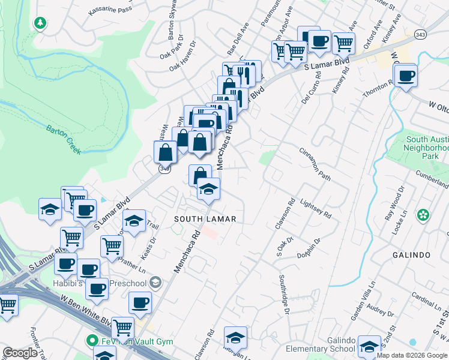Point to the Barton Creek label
(x=64, y=139)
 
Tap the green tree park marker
(x=40, y=23)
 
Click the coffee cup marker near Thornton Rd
(x=406, y=76)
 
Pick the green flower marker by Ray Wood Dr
(x=423, y=214)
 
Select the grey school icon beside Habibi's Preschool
(x=156, y=282)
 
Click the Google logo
(x=20, y=353)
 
